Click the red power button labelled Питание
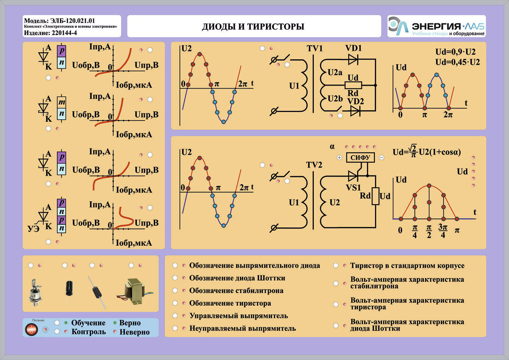point(31,329)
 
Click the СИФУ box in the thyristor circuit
point(361,157)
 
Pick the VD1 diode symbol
point(353,59)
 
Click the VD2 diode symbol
point(355,111)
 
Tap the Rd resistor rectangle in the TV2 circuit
point(375,196)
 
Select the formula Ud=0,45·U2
point(457,62)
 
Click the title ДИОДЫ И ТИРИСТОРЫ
point(253,27)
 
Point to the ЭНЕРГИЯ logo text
point(436,26)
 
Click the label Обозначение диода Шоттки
point(237,278)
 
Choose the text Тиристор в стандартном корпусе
point(407,265)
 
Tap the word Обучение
point(88,323)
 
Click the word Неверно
point(134,332)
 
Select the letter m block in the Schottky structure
point(62,102)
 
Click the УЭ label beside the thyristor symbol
point(34,228)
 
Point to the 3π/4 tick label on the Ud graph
point(443,231)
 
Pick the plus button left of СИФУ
point(339,157)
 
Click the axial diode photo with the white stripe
point(97,292)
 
